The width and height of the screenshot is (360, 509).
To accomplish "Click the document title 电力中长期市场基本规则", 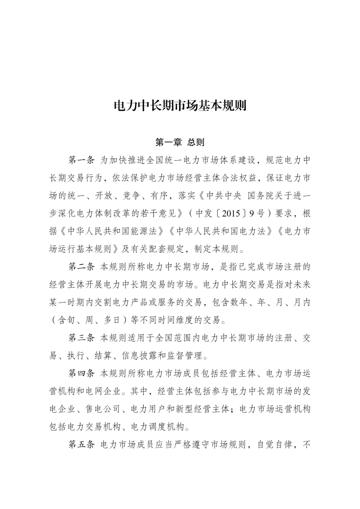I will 180,106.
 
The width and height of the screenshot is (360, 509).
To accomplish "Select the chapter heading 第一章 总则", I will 180,143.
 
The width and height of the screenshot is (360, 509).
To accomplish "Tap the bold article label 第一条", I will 82,160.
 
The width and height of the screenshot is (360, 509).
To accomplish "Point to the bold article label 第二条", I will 82,267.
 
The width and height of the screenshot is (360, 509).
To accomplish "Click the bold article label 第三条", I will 82,338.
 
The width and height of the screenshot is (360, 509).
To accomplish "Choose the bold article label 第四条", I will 82,373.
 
